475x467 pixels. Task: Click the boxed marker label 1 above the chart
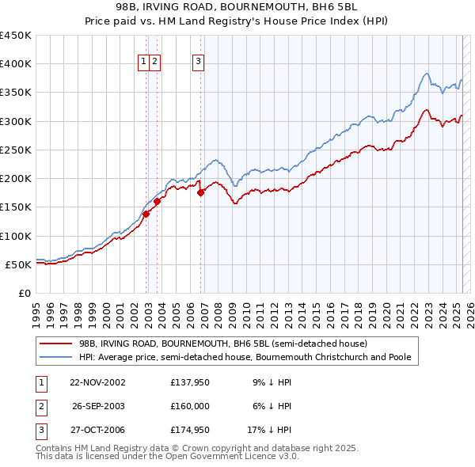pyautogui.click(x=144, y=63)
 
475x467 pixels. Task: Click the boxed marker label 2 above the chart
pyautogui.click(x=154, y=63)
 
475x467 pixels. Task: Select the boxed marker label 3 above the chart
pyautogui.click(x=198, y=63)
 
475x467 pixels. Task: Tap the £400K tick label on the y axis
pyautogui.click(x=16, y=64)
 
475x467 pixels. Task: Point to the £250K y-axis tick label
pyautogui.click(x=16, y=150)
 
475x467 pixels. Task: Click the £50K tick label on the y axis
pyautogui.click(x=19, y=264)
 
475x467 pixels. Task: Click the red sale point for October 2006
pyautogui.click(x=200, y=192)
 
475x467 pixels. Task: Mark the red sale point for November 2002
pyautogui.click(x=146, y=214)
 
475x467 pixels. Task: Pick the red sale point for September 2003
pyautogui.click(x=158, y=201)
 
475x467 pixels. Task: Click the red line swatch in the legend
pyautogui.click(x=56, y=344)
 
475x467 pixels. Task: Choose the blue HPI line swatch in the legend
pyautogui.click(x=56, y=358)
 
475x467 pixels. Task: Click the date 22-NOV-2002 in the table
pyautogui.click(x=97, y=382)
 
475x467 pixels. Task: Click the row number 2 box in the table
pyautogui.click(x=40, y=407)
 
